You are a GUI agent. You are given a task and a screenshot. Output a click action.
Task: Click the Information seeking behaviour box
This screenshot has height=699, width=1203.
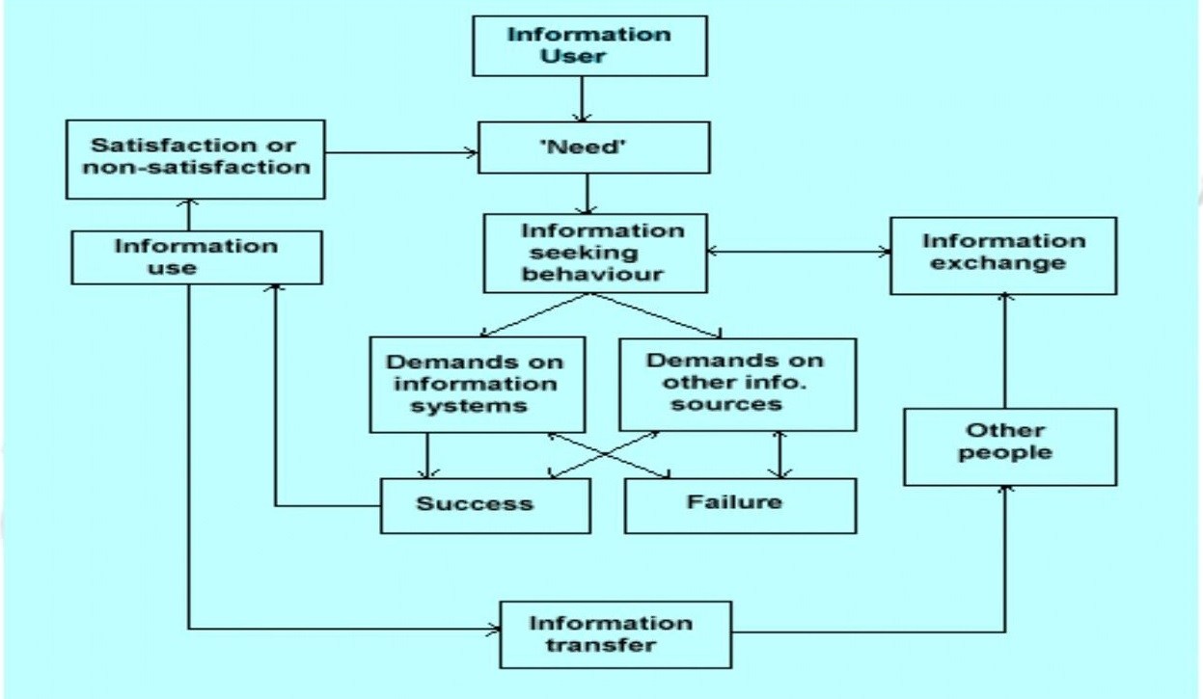[595, 254]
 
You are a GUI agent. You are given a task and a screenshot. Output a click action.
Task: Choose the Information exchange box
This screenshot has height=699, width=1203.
[1002, 255]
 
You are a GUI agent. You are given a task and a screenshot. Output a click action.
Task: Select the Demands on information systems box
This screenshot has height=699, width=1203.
[478, 384]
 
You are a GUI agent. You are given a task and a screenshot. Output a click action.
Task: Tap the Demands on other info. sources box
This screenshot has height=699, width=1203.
[737, 384]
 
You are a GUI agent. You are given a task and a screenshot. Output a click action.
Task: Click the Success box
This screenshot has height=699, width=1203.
[485, 504]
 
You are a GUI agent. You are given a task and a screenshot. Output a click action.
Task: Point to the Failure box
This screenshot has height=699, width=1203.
[740, 504]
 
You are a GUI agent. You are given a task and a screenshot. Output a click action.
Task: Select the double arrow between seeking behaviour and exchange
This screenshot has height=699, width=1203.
[798, 253]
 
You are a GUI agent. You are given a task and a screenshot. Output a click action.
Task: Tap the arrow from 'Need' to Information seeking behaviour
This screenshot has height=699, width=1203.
[586, 194]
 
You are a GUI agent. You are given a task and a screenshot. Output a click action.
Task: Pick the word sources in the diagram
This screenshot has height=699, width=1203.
[738, 404]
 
